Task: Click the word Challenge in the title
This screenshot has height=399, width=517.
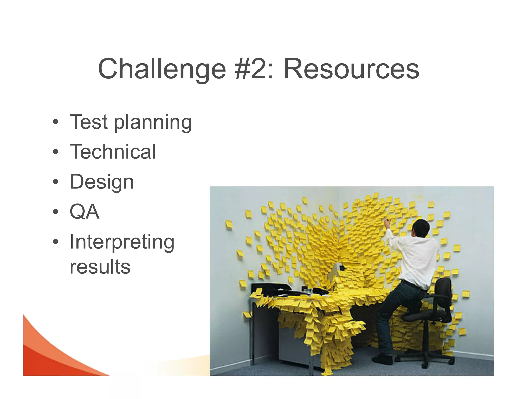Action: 162,69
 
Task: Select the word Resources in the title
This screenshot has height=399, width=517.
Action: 351,69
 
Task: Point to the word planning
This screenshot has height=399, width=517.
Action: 153,123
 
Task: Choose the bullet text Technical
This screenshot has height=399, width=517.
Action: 113,152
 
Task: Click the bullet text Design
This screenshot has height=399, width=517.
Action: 101,182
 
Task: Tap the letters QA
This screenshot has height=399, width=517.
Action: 84,212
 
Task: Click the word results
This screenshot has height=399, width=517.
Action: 100,267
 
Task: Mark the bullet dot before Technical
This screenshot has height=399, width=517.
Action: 56,152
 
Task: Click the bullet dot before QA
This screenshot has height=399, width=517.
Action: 56,212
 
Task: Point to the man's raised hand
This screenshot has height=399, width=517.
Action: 387,223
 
